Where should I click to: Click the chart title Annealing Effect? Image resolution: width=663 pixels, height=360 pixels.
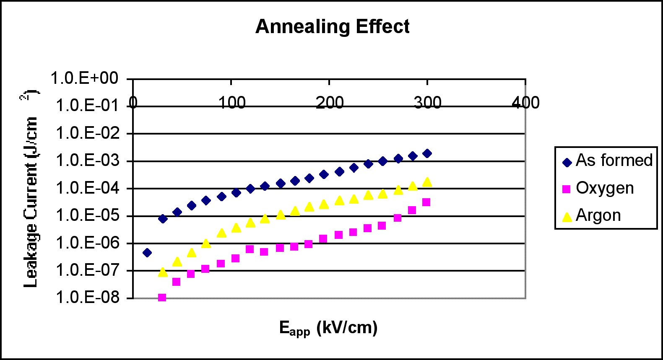332,26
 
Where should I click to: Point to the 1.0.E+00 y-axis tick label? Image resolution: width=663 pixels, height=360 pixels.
85,78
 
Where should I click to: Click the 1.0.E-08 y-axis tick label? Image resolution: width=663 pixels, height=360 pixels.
88,297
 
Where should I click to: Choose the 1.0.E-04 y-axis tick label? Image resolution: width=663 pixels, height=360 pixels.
88,188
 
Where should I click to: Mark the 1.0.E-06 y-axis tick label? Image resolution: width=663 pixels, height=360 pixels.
88,243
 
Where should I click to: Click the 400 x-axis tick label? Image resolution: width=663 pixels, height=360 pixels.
525,103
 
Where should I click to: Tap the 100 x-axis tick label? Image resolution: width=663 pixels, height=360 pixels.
231,103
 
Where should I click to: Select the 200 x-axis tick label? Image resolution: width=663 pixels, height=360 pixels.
330,103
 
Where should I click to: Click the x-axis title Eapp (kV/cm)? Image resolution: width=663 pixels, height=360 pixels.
328,328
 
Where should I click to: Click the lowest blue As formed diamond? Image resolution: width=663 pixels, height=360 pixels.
147,253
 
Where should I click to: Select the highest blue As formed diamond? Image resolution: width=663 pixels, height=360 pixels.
427,153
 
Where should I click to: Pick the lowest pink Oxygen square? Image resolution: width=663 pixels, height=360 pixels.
162,298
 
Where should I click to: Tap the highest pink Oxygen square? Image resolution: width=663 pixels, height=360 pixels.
426,202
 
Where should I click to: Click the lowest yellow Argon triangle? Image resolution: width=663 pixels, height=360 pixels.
163,272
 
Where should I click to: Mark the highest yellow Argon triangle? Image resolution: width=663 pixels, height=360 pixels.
427,182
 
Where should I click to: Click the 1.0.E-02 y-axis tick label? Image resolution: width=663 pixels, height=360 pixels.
88,133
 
